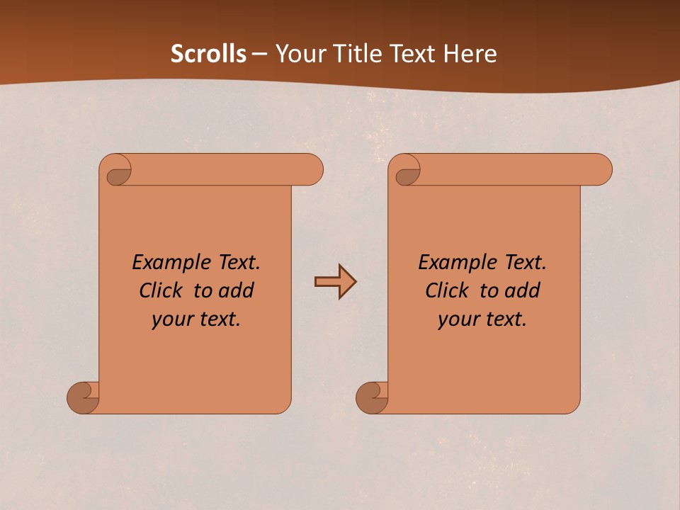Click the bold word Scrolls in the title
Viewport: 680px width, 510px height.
[208, 54]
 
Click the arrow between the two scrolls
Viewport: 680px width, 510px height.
[335, 282]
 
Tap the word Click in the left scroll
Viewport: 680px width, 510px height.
[162, 290]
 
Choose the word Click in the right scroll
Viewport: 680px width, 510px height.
[448, 290]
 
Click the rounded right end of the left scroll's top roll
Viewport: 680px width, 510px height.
[312, 170]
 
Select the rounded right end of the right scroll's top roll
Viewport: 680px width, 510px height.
[601, 170]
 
